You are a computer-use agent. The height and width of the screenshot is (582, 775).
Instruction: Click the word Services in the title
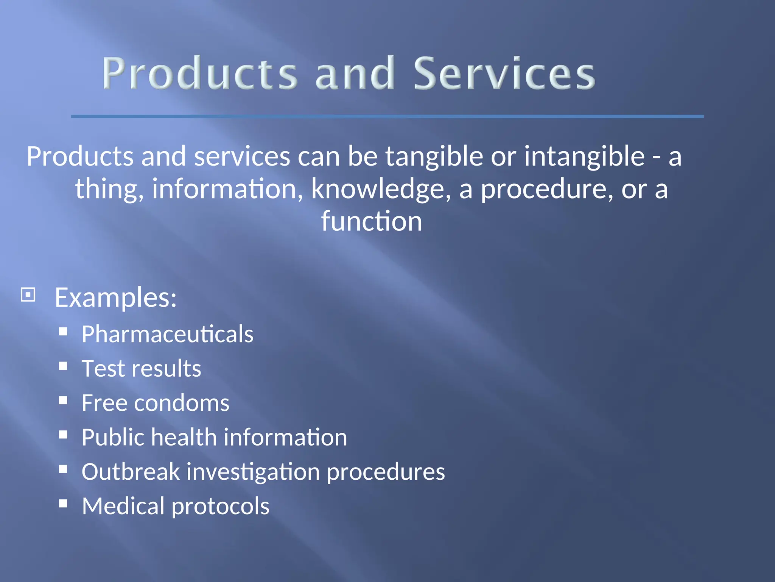504,73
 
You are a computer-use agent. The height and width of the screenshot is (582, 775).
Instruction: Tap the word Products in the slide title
199,73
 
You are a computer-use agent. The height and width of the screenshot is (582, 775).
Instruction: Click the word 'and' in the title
355,73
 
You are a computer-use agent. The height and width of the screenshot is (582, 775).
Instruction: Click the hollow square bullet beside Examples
28,294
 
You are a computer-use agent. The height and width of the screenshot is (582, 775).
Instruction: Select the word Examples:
115,297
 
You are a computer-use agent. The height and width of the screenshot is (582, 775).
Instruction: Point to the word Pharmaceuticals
167,334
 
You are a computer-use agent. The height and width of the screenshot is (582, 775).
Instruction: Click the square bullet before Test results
63,366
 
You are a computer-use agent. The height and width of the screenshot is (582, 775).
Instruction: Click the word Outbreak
131,472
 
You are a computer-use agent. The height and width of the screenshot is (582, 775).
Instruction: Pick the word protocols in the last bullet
220,506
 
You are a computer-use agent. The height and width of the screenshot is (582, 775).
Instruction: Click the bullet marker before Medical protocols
63,504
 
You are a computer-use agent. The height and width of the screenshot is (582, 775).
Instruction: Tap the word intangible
584,156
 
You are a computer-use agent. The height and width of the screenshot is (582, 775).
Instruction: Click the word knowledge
381,189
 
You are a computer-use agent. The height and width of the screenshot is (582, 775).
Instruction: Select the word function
371,222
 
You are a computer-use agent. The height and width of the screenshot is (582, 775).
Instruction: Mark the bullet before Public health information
63,435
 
